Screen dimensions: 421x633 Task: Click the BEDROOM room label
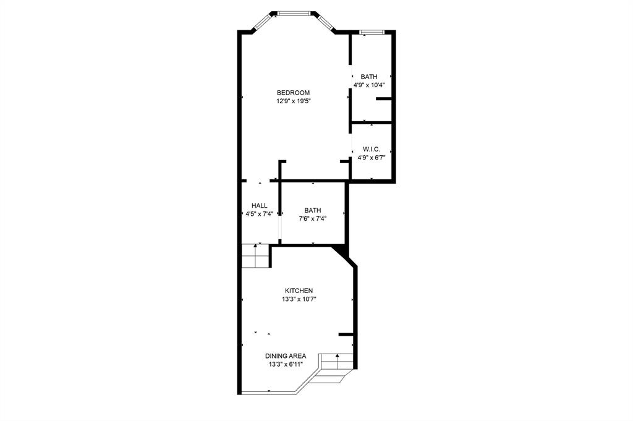click(x=293, y=93)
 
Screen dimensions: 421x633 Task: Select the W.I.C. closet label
click(x=371, y=149)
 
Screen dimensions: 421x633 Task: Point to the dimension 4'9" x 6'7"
click(x=371, y=157)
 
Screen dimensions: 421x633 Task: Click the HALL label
click(x=259, y=206)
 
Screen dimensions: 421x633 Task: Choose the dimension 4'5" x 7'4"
click(x=259, y=214)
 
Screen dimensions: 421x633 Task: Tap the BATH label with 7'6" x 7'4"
click(x=312, y=210)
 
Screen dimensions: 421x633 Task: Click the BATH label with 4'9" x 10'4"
click(x=369, y=77)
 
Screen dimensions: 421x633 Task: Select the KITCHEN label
click(x=299, y=291)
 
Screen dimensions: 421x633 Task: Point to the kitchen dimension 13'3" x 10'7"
click(x=299, y=299)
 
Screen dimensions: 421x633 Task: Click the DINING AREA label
click(x=286, y=356)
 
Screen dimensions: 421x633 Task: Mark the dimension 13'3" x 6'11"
click(x=286, y=365)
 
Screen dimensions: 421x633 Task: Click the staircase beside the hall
click(x=255, y=255)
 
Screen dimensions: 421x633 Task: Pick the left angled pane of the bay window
click(x=263, y=21)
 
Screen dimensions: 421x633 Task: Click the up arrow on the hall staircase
click(x=255, y=247)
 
